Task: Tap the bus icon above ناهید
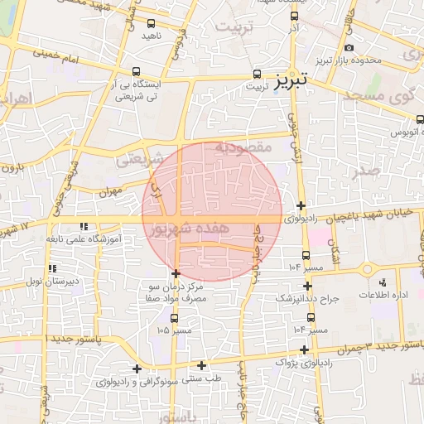coord(152,23)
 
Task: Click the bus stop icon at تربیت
coord(257,73)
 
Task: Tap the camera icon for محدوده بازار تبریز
coord(349,47)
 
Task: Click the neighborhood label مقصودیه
coord(243,147)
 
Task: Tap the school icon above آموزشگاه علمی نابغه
coord(83,226)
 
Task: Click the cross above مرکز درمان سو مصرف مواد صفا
coord(176,273)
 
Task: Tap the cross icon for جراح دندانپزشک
coord(305,286)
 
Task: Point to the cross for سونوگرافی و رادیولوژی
coord(137,369)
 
